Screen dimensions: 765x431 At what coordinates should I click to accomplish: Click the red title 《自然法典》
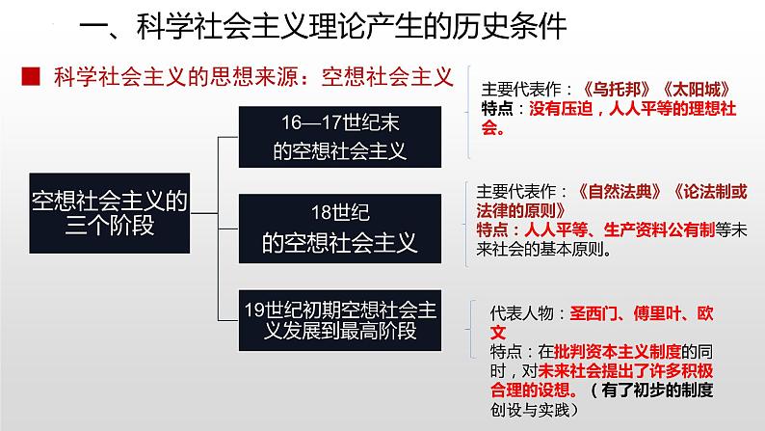614,191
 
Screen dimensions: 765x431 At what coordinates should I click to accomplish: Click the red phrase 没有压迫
560,108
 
